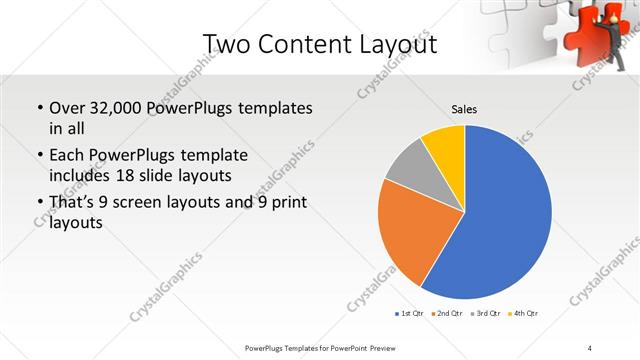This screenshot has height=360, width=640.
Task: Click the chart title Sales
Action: pos(464,108)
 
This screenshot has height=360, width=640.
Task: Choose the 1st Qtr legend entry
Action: pos(410,314)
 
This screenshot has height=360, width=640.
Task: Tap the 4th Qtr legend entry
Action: pos(525,314)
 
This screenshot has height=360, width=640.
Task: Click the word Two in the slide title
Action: pos(225,44)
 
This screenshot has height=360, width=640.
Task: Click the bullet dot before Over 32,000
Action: pos(39,107)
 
